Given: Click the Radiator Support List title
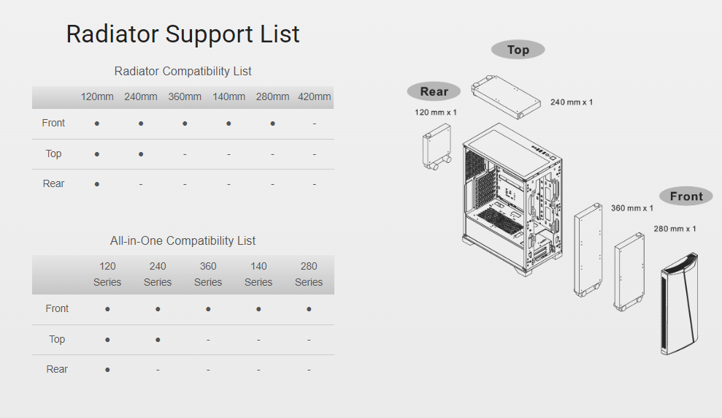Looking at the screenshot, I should tap(183, 34).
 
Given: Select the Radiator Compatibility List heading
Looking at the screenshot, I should tap(183, 71).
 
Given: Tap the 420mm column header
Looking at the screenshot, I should tap(314, 96).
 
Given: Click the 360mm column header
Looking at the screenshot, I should tap(185, 96).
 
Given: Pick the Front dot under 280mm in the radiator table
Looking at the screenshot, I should tap(272, 123).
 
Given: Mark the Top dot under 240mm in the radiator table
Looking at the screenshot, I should tap(141, 154).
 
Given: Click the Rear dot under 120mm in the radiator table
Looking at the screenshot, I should tap(97, 184).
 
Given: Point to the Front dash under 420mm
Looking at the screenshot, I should tap(314, 123).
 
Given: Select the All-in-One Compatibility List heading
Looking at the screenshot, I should tap(183, 240).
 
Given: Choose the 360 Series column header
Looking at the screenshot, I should tap(208, 274).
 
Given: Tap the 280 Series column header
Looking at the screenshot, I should tap(309, 274).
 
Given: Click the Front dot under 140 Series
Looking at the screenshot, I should tap(258, 309).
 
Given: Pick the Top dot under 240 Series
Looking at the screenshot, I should tap(158, 340).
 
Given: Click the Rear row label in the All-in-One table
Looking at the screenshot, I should tap(57, 370).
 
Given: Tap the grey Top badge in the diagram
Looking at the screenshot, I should tap(518, 50).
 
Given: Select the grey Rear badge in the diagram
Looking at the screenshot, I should tap(434, 91).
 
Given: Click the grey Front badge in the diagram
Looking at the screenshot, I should tap(685, 196).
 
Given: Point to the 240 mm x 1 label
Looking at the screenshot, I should tap(572, 102).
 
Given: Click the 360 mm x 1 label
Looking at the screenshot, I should tap(632, 208).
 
